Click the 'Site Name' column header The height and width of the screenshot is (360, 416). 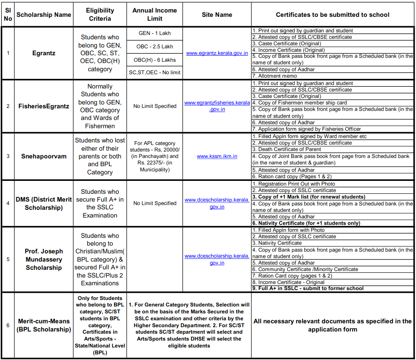(x=217, y=15)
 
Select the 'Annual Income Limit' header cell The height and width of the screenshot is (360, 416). (x=155, y=15)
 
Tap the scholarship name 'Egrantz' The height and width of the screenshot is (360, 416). (x=44, y=53)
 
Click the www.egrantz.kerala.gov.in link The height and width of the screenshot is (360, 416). (x=217, y=53)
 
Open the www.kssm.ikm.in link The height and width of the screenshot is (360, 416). (x=217, y=156)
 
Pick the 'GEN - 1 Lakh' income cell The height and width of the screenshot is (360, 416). (x=155, y=33)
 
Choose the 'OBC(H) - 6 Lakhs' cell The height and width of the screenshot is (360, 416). (x=155, y=60)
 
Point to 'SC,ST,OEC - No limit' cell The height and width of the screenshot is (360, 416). (x=155, y=73)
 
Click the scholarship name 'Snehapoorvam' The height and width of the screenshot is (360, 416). (x=44, y=156)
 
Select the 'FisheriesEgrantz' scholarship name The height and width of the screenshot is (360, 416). (x=44, y=106)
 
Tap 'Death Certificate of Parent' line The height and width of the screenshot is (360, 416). (x=289, y=149)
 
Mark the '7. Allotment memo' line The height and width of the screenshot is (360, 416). (x=275, y=76)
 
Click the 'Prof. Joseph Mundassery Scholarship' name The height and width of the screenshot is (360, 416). (x=44, y=259)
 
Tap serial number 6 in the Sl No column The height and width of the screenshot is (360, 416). (x=8, y=325)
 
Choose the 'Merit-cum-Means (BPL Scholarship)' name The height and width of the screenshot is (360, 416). (x=44, y=325)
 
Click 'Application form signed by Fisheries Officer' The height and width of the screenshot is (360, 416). (x=306, y=129)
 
